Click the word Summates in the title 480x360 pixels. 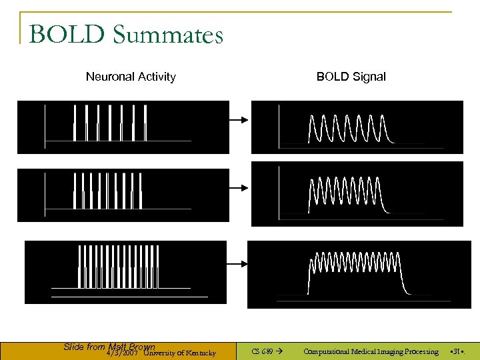point(168,35)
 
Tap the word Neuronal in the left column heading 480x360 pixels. point(110,77)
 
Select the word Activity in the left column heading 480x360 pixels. point(155,77)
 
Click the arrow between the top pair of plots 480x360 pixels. point(239,120)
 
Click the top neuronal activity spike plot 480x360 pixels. point(123,127)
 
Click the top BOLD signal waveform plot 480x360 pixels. point(357,127)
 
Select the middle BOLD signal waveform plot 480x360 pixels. point(357,194)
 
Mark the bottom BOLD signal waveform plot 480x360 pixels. point(359,274)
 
